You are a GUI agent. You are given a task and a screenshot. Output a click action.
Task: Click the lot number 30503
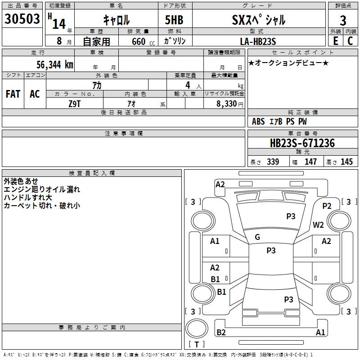click(x=22, y=19)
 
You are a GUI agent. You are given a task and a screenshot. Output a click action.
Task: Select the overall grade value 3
click(x=343, y=21)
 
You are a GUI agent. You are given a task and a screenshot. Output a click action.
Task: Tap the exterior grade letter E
click(x=335, y=41)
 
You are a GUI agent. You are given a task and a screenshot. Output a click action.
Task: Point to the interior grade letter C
click(x=350, y=41)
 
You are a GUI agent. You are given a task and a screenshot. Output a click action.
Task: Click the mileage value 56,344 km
click(x=55, y=65)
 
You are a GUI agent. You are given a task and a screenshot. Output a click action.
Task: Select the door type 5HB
click(x=174, y=20)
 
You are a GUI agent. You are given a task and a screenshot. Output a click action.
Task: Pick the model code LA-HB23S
click(x=258, y=41)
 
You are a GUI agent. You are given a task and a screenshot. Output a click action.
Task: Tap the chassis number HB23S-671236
click(x=302, y=143)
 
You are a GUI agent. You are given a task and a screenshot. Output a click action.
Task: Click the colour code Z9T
click(x=75, y=104)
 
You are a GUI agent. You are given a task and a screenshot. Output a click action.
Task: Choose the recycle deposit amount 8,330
click(x=226, y=104)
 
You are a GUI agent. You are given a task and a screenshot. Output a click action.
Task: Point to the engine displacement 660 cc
click(x=143, y=42)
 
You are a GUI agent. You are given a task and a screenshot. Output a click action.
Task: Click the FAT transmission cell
click(x=13, y=94)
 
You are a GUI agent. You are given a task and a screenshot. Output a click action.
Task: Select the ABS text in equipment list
click(x=258, y=121)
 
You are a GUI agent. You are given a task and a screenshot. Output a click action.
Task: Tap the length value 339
click(x=273, y=162)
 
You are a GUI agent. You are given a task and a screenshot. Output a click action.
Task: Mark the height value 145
click(x=346, y=162)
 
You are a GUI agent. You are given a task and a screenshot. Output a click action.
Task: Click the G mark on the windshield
click(x=257, y=237)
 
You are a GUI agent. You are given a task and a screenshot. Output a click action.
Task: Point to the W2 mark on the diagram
click(x=318, y=225)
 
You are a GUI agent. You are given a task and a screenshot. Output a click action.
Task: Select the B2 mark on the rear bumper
click(x=221, y=332)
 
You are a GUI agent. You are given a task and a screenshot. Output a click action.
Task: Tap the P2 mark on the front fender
click(x=327, y=206)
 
